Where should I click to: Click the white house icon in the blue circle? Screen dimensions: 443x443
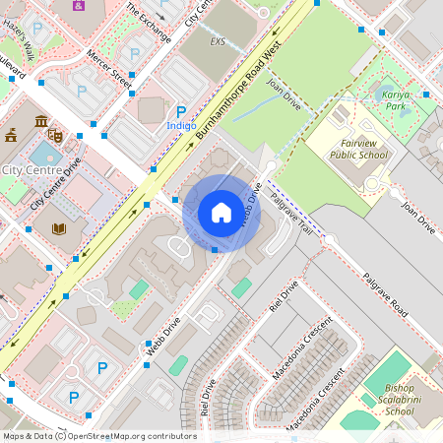pyautogui.click(x=221, y=213)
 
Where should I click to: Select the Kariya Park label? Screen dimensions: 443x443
pyautogui.click(x=396, y=99)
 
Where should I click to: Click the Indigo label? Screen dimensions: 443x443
pyautogui.click(x=180, y=127)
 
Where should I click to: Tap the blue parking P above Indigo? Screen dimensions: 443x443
pyautogui.click(x=180, y=112)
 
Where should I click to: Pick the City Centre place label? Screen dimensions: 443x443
pyautogui.click(x=27, y=170)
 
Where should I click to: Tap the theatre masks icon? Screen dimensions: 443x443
pyautogui.click(x=55, y=132)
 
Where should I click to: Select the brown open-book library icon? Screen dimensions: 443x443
pyautogui.click(x=59, y=229)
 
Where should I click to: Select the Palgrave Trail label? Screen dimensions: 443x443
pyautogui.click(x=291, y=215)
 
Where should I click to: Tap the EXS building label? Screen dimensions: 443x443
pyautogui.click(x=218, y=42)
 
